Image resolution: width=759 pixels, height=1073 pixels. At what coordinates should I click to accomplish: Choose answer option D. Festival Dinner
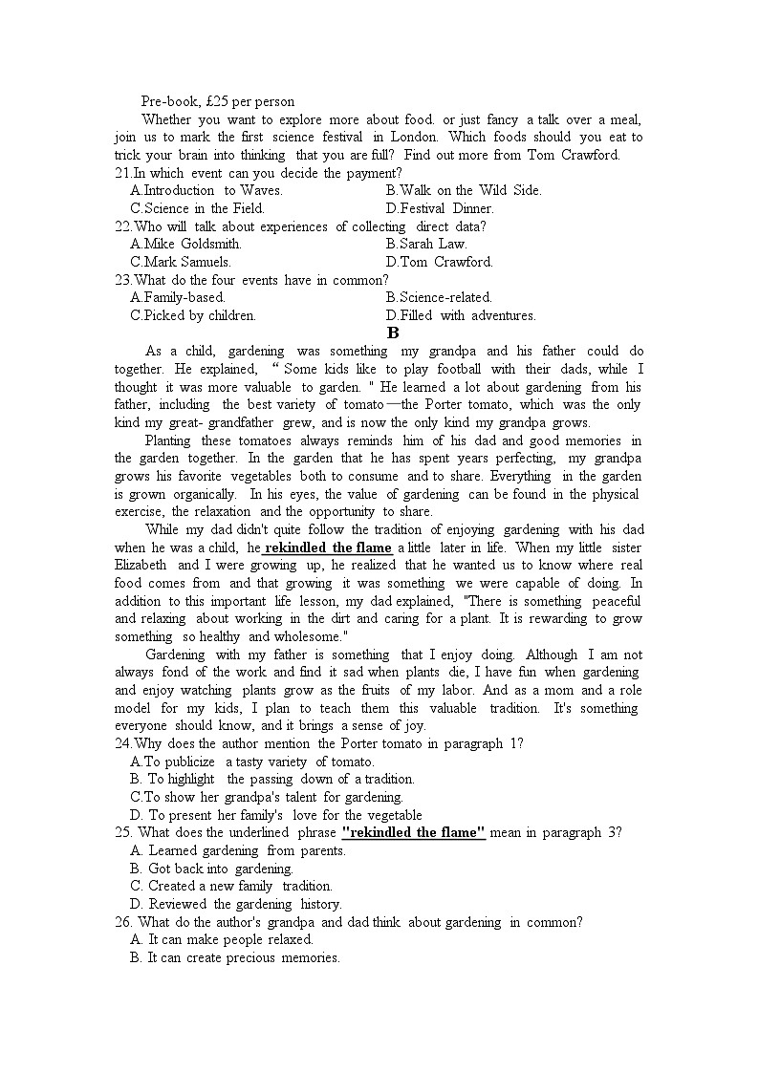[x=440, y=208]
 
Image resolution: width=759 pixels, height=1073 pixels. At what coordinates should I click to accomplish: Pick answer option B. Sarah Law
[x=425, y=244]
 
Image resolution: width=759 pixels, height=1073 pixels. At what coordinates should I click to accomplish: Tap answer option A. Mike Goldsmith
[x=185, y=244]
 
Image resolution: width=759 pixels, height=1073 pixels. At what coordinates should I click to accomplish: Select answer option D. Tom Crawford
[x=440, y=262]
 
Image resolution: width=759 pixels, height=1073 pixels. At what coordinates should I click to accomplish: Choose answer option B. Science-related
[x=439, y=297]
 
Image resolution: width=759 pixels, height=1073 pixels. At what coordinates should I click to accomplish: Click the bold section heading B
[x=392, y=333]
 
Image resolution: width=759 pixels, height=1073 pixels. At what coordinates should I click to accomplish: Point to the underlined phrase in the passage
[x=327, y=547]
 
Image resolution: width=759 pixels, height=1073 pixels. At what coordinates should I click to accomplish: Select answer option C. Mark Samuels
[x=181, y=262]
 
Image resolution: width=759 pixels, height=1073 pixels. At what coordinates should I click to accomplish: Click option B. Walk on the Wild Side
[x=464, y=190]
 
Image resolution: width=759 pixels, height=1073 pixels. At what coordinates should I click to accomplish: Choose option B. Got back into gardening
[x=211, y=869]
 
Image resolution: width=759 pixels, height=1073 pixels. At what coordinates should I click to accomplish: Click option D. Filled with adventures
[x=461, y=315]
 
